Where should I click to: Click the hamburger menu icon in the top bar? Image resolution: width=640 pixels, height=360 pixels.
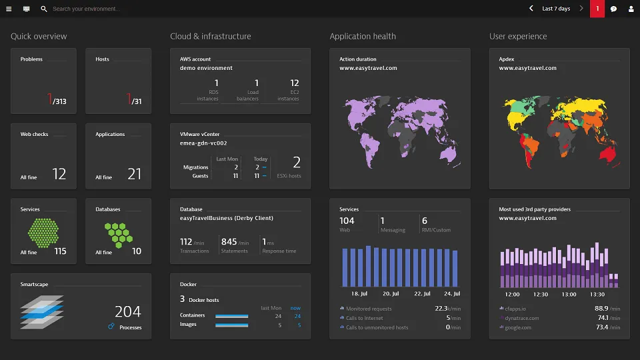9,9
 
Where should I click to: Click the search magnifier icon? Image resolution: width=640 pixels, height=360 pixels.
44,9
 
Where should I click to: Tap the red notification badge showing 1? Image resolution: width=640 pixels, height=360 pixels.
597,9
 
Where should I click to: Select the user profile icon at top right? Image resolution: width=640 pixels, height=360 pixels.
631,9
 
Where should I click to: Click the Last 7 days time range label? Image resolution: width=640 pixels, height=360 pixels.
556,9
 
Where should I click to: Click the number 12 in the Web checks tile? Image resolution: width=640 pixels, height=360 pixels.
59,174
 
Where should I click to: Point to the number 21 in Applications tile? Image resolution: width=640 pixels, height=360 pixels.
134,174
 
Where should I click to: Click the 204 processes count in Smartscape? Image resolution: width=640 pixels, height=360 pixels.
127,311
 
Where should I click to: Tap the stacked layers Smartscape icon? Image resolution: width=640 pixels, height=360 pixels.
42,312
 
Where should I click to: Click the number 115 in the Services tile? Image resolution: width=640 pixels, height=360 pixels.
60,251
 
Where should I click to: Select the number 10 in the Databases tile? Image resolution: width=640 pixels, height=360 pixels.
137,251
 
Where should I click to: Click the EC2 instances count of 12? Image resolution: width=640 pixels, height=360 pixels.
294,83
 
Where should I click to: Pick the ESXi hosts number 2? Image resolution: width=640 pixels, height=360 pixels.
297,162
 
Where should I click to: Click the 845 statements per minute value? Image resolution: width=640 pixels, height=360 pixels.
229,242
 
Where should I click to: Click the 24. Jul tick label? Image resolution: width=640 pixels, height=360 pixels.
452,294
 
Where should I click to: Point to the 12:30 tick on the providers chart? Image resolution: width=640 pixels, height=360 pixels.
541,294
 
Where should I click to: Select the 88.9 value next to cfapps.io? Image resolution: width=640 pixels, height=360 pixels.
601,309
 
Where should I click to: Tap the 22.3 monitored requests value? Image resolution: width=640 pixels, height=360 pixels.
441,309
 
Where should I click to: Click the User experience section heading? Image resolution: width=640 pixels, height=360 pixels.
518,37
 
